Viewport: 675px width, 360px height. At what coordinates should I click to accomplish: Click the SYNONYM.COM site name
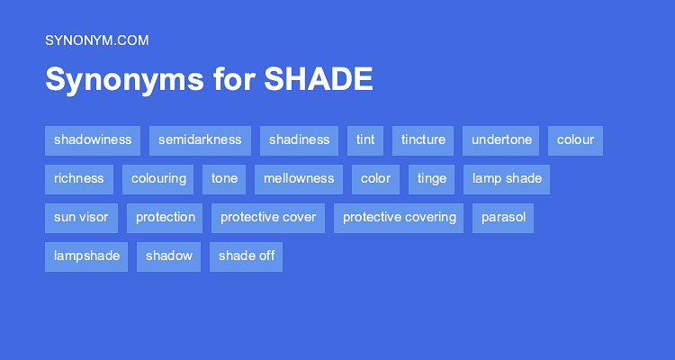[96, 40]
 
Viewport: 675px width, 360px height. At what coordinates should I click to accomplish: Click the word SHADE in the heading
[319, 80]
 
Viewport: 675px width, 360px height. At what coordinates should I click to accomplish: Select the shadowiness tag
[93, 140]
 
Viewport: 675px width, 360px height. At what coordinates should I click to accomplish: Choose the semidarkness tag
[200, 140]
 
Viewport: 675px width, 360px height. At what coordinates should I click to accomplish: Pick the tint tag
[365, 140]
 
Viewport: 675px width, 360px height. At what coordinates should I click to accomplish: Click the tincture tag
[423, 140]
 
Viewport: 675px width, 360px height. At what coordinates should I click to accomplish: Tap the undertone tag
[501, 140]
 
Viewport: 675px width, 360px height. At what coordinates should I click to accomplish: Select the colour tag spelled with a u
[575, 140]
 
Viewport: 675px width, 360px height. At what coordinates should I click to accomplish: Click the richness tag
[79, 179]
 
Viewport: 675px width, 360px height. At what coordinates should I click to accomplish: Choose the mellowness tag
[299, 179]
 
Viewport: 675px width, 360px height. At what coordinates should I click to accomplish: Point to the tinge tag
[432, 179]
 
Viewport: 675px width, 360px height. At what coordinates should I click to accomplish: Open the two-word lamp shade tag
[507, 179]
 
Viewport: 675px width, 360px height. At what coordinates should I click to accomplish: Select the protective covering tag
[399, 218]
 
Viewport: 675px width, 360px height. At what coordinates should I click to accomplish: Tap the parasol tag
[503, 218]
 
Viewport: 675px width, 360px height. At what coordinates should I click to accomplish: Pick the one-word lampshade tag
[86, 256]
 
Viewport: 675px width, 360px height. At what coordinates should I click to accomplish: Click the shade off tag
[247, 256]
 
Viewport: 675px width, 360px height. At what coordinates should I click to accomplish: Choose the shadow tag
[169, 256]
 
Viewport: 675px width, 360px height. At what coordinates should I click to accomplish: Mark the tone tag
[224, 179]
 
